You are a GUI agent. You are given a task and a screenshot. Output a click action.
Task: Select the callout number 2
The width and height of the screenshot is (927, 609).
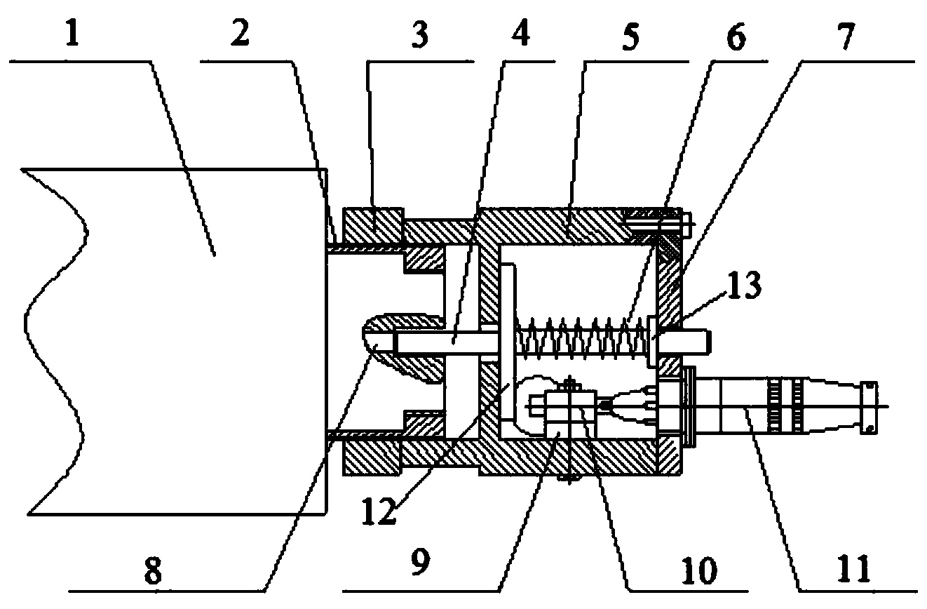[240, 33]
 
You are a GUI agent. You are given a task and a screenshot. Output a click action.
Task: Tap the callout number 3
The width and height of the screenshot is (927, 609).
[419, 35]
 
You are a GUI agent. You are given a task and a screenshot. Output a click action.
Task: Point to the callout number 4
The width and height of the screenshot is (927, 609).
[520, 34]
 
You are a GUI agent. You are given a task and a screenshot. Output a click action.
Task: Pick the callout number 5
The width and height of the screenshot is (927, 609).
[630, 37]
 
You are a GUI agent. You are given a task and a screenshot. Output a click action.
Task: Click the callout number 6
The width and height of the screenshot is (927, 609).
[736, 37]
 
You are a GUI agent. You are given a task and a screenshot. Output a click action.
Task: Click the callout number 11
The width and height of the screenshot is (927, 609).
[853, 570]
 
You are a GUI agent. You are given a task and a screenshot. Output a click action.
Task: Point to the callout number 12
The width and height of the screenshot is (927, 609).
[379, 511]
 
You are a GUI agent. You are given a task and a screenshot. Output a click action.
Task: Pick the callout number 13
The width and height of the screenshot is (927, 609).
[745, 286]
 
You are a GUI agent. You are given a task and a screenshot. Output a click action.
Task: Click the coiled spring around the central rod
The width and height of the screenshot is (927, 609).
[581, 338]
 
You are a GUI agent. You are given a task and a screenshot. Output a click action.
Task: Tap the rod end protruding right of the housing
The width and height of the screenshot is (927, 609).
[696, 342]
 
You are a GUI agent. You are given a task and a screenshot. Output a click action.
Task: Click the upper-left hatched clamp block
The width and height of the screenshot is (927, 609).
[373, 226]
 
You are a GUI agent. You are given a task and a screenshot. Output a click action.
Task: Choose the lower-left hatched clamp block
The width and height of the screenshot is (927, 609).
[372, 458]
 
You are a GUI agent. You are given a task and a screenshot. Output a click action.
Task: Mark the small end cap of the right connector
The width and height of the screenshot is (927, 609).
[869, 408]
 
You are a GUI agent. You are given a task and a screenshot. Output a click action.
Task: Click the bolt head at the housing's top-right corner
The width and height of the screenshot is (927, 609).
[687, 225]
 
